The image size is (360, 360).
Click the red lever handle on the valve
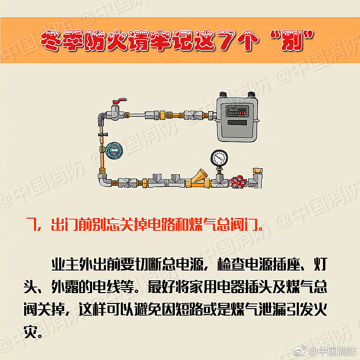click(119, 101)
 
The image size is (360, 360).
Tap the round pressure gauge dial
click(219, 158)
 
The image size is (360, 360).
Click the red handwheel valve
click(239, 182)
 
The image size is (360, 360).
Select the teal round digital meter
click(114, 151)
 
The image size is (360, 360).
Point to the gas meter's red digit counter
click(243, 113)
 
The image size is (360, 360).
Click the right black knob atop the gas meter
click(251, 94)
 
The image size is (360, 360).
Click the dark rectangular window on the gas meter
click(237, 122)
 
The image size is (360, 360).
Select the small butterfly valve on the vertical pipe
click(103, 134)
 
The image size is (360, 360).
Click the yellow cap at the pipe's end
click(258, 171)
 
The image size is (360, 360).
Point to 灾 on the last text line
click(30, 332)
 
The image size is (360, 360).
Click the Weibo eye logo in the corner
click(299, 351)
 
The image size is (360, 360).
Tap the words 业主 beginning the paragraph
click(65, 264)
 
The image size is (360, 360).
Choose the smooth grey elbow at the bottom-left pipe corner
click(104, 181)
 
